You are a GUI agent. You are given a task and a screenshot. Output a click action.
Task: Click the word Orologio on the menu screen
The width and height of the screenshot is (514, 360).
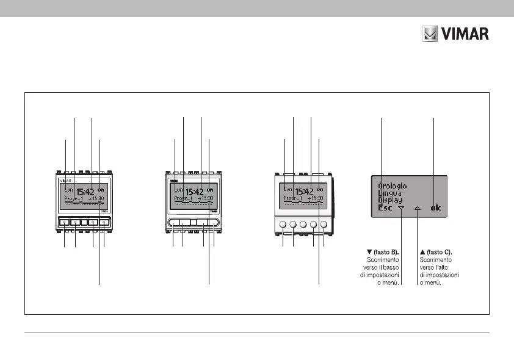click(393, 185)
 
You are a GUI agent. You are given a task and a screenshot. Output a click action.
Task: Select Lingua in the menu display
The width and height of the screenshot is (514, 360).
click(389, 193)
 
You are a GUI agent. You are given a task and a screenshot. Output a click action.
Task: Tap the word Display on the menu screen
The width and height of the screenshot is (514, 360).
click(390, 200)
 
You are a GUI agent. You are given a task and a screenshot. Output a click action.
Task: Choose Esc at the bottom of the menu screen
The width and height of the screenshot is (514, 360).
click(385, 208)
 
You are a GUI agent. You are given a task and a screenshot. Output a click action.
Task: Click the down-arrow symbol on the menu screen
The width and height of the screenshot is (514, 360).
click(402, 208)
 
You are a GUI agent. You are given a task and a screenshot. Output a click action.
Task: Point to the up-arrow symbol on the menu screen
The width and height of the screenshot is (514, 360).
click(418, 208)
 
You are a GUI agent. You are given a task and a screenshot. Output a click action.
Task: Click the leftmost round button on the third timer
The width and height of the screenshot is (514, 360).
click(283, 225)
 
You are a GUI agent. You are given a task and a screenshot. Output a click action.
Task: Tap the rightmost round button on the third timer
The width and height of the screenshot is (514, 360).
click(324, 225)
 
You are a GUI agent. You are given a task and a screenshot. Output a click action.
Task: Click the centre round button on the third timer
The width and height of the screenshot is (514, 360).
click(303, 225)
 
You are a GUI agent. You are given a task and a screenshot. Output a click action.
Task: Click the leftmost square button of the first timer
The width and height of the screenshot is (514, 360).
click(63, 223)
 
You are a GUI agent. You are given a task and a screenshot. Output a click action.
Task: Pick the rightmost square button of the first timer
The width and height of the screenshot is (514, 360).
click(104, 223)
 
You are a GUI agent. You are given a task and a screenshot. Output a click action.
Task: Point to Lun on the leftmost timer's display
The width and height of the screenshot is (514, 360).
click(68, 189)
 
